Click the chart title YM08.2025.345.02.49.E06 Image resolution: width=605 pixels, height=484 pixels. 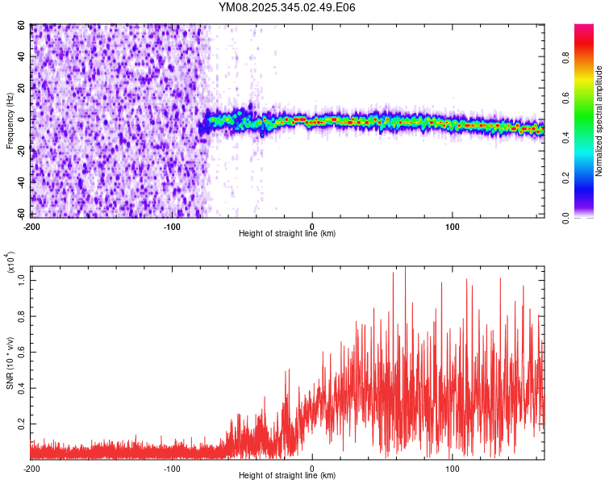point(287,7)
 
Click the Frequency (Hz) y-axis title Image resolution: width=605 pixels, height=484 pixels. point(10,121)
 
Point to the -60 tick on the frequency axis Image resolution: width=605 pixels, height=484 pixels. point(22,215)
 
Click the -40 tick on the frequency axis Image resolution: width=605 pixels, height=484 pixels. point(22,183)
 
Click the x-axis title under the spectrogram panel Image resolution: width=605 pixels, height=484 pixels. point(287,234)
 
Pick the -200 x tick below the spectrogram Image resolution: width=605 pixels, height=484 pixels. point(31,225)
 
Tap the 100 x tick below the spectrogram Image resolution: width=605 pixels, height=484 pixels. point(453,225)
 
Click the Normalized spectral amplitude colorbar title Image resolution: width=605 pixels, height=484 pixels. point(599,121)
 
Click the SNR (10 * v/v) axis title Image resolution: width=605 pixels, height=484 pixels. point(10,363)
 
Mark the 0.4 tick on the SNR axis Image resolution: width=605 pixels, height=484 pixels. point(22,388)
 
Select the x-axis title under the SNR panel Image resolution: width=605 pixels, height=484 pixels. point(287,475)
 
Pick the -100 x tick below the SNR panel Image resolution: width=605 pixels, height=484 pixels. point(172,467)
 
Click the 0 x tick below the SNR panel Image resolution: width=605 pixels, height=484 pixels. point(312,467)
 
